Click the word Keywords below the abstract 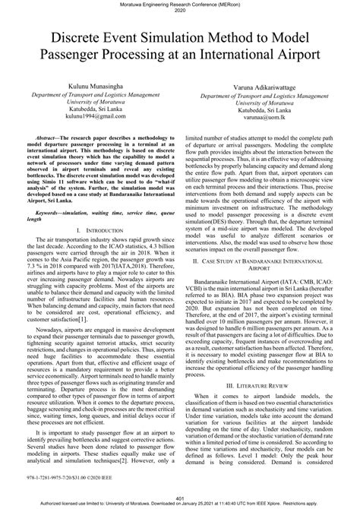[x=47, y=193]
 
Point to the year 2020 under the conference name [x=180, y=11]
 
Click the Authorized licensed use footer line [x=180, y=504]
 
